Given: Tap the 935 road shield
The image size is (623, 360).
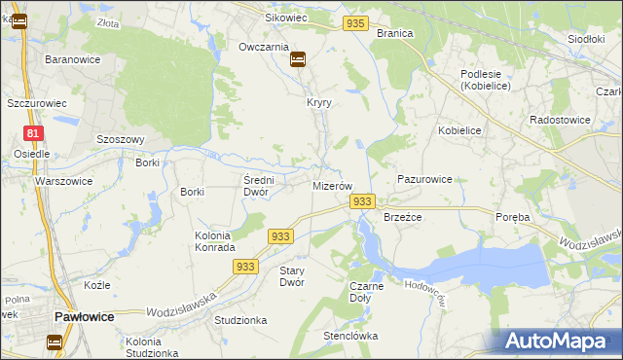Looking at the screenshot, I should point(356,22).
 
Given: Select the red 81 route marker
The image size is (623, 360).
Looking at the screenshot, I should point(34,133).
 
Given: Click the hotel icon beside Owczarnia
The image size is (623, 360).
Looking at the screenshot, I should point(298,59).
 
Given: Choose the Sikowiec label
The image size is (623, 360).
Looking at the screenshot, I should point(286,18).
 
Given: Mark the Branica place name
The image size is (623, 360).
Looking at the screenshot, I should point(395,33).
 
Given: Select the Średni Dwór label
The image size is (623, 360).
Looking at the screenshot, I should point(261,186).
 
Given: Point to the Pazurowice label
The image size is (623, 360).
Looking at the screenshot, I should point(424,180).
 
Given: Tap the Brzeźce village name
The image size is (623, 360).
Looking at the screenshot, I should point(402,217).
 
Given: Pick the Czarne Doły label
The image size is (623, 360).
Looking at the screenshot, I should point(366,292).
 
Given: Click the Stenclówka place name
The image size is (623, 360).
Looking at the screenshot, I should point(350,337).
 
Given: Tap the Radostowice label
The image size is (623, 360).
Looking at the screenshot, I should point(560,120).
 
